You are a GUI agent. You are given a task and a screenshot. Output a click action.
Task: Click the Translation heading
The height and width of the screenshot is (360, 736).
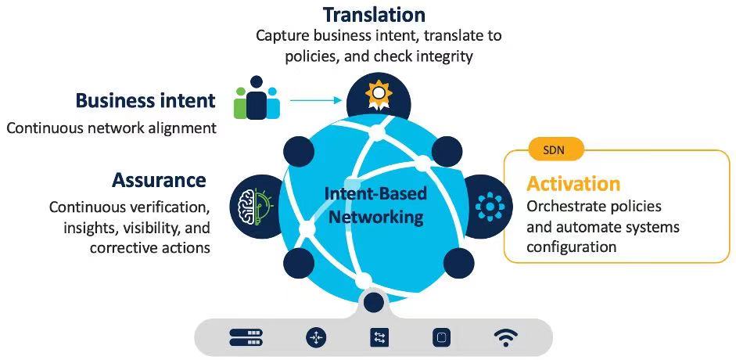374,14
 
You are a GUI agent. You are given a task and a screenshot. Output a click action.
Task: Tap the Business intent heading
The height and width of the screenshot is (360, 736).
145,100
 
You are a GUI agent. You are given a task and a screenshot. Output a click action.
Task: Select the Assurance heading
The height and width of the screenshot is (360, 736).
159,180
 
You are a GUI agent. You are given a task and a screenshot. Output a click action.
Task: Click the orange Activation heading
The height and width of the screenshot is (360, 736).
573,183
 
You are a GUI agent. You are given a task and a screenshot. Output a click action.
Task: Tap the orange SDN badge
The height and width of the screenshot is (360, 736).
556,151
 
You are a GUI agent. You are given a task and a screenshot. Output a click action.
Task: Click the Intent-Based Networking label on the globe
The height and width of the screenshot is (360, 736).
375,205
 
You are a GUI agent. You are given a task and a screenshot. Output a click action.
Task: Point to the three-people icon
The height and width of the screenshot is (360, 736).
257,98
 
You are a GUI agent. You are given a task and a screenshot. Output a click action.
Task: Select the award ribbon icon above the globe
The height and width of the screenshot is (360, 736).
379,95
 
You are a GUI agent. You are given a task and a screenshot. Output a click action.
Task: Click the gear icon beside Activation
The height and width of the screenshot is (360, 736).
490,205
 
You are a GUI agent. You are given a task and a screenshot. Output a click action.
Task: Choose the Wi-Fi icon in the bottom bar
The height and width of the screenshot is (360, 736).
505,337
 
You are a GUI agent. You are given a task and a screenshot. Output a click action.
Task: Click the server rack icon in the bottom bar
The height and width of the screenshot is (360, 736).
246,337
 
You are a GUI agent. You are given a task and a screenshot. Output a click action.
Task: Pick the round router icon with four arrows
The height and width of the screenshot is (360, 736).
316,337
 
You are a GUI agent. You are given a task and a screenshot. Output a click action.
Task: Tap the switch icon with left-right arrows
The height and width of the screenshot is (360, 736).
379,337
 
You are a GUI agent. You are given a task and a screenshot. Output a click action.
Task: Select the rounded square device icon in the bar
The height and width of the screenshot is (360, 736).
441,337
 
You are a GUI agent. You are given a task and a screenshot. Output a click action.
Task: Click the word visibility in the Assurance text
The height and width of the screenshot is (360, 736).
153,228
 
